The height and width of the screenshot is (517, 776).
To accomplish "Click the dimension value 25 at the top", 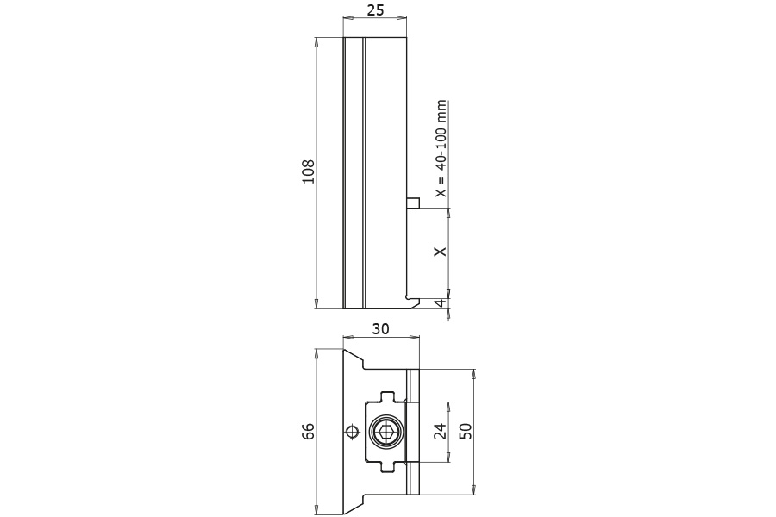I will point(375,10).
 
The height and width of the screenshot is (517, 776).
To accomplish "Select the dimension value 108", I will point(309,171).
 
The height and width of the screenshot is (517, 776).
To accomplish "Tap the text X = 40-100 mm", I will point(441,148).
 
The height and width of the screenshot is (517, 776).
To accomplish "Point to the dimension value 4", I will point(440,303).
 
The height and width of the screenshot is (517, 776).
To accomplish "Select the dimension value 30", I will point(380,328).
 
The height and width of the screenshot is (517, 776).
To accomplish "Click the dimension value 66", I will point(309,431).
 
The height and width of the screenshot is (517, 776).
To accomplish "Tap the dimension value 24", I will point(440,431).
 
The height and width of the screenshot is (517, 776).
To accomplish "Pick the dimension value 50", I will point(466,431).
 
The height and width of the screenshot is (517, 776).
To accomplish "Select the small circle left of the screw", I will point(352,432).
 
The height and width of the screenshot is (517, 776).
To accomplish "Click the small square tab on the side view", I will point(413,203).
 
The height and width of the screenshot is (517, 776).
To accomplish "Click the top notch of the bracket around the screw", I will point(388,396).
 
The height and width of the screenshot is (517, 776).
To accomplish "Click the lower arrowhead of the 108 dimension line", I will point(317,303).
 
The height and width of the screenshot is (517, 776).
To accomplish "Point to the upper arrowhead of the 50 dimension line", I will point(473,375).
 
